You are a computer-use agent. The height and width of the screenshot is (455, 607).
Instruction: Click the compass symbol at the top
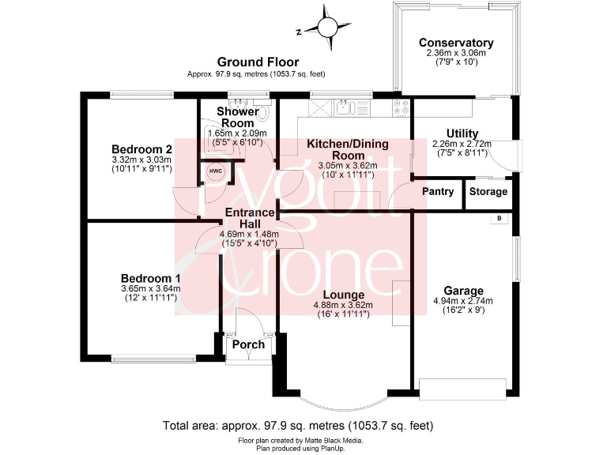coord(326,28)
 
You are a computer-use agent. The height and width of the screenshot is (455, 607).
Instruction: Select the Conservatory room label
coord(456,43)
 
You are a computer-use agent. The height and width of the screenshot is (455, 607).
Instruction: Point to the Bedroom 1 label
coord(150,278)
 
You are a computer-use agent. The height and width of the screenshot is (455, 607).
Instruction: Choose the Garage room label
coord(464,290)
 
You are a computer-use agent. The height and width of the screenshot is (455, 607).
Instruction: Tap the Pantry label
coord(437,192)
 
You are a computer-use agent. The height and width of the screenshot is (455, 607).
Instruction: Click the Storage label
coord(488,192)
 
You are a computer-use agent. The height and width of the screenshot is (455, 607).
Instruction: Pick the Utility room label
coord(462,133)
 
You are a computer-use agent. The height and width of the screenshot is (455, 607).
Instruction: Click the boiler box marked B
coord(498,219)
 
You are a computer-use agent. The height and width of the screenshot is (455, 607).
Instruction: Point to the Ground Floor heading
coord(258,62)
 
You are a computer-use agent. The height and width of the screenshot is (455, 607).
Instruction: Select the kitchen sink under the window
coord(346,110)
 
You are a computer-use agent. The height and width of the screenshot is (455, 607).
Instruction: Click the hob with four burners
coord(402,107)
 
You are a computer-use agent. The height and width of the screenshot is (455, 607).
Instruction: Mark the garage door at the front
coord(463,388)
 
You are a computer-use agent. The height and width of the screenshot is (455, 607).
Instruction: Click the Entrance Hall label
coord(250,218)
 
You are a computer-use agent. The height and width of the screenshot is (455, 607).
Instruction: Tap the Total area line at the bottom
coord(298,425)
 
